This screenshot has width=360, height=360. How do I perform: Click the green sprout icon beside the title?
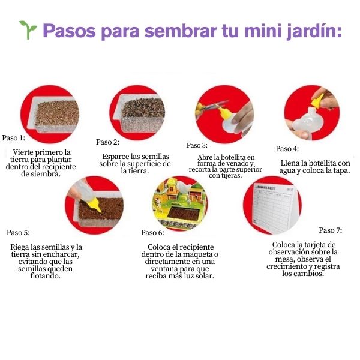tap(28, 30)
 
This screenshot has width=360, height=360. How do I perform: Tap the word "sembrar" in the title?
tap(181, 31)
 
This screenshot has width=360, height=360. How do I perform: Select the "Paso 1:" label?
tap(14, 138)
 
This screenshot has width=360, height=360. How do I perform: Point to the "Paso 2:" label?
tap(107, 142)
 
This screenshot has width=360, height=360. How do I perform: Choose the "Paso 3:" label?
tap(197, 145)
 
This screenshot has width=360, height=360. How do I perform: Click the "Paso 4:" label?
tap(287, 149)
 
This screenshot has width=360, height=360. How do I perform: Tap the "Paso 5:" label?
tap(18, 233)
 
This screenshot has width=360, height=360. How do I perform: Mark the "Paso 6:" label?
tap(152, 233)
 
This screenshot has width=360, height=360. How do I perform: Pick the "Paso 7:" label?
tap(331, 230)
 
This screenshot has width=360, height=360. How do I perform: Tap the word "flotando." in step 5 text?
tap(46, 275)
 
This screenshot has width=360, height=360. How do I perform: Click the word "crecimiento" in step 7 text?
tap(286, 266)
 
